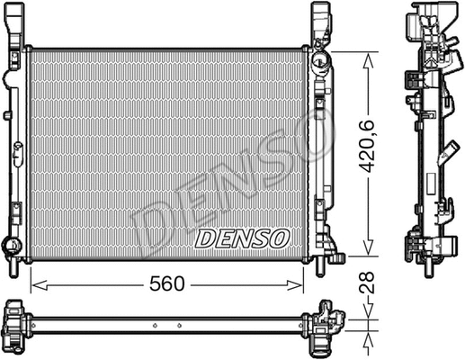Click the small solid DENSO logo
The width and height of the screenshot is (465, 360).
(x=242, y=238)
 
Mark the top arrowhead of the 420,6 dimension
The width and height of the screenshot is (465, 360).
(x=367, y=57)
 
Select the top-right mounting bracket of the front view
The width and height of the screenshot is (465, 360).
(x=321, y=25)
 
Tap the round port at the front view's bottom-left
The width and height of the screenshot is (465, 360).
(x=11, y=245)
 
